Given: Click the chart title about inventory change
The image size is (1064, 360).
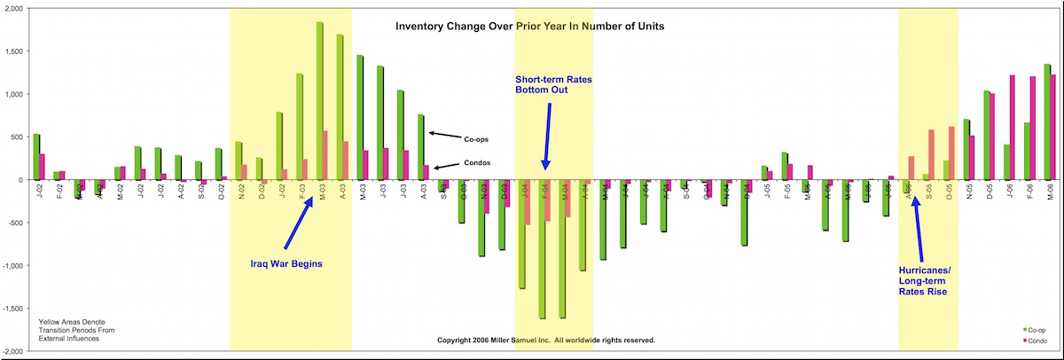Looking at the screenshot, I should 529,27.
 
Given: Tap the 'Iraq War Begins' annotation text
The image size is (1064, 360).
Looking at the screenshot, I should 283,262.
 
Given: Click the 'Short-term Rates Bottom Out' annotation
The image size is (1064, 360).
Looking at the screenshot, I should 553,84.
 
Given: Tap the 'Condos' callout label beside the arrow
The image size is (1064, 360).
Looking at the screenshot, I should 479,163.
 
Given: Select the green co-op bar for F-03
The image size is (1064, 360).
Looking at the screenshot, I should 300,126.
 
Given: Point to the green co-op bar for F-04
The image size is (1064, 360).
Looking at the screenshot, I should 542,248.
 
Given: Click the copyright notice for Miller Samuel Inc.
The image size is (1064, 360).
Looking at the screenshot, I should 546,340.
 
